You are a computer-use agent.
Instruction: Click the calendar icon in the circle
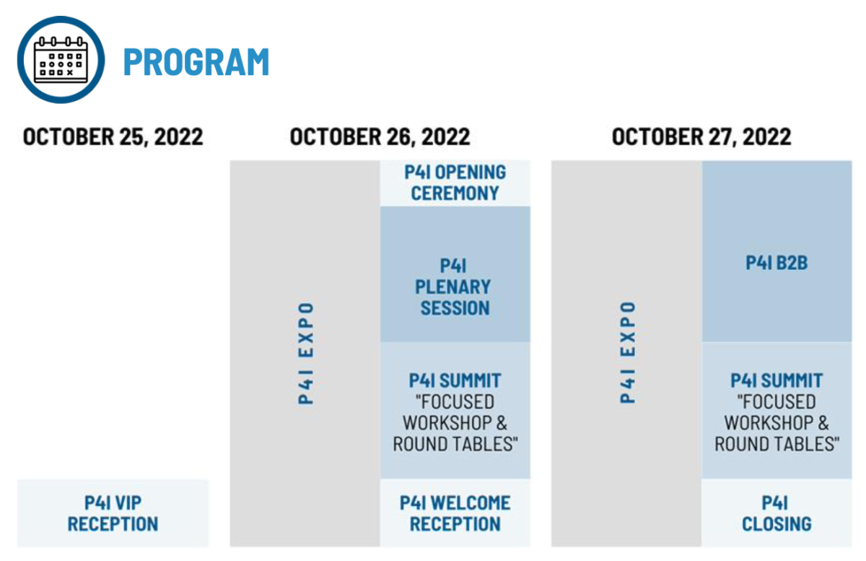(61, 60)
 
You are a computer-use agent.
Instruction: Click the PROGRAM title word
(196, 62)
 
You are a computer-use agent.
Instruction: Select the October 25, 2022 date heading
(113, 137)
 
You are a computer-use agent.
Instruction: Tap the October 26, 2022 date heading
(380, 137)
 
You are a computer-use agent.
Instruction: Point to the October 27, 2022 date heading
(701, 137)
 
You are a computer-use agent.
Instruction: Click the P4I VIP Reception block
(113, 513)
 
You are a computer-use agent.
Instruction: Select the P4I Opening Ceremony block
(455, 183)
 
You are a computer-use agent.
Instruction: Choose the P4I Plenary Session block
(455, 274)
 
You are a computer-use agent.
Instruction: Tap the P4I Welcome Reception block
(455, 513)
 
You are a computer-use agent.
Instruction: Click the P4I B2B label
(777, 263)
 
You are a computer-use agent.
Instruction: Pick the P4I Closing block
(777, 513)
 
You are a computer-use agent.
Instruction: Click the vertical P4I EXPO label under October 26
(306, 353)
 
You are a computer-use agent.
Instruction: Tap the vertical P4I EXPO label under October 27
(627, 353)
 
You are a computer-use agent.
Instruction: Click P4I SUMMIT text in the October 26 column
(455, 380)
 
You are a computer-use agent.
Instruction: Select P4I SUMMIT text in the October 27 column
(777, 380)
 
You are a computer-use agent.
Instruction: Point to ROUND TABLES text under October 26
(455, 444)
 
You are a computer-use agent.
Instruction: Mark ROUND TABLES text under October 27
(777, 444)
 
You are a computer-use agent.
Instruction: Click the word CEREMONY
(455, 193)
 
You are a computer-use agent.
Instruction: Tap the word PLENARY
(453, 287)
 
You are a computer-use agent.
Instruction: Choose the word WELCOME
(471, 503)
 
